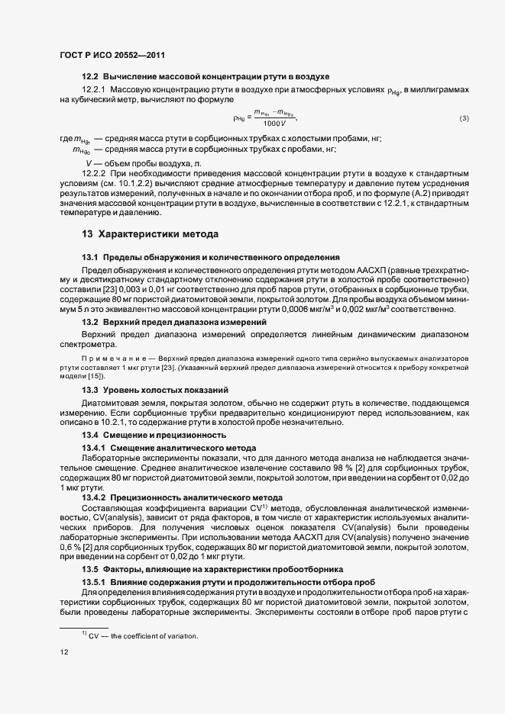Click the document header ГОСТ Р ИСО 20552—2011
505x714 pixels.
[112, 55]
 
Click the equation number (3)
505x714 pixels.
[464, 118]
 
